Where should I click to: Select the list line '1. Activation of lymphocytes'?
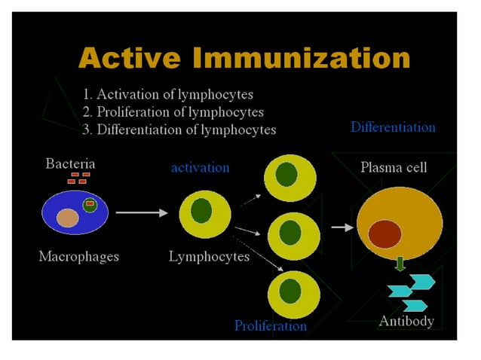(x=167, y=95)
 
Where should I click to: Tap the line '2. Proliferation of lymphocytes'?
(x=173, y=112)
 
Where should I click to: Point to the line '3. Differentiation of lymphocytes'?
(x=179, y=130)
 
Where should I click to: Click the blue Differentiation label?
(x=393, y=127)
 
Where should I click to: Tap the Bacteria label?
(x=70, y=163)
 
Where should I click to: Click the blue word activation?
(x=200, y=167)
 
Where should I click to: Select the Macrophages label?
(x=78, y=256)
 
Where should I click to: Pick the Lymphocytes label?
(x=209, y=256)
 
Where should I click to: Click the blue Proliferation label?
(x=270, y=326)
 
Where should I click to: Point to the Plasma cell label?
(x=393, y=166)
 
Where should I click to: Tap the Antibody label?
(x=406, y=322)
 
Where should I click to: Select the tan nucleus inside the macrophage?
(x=68, y=218)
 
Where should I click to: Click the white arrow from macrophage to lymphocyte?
(x=142, y=213)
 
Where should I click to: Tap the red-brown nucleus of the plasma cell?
(x=384, y=234)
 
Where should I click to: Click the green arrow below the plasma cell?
(x=400, y=264)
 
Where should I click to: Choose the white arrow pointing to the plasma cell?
(x=342, y=227)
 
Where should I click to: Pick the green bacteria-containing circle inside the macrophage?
(x=90, y=205)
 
